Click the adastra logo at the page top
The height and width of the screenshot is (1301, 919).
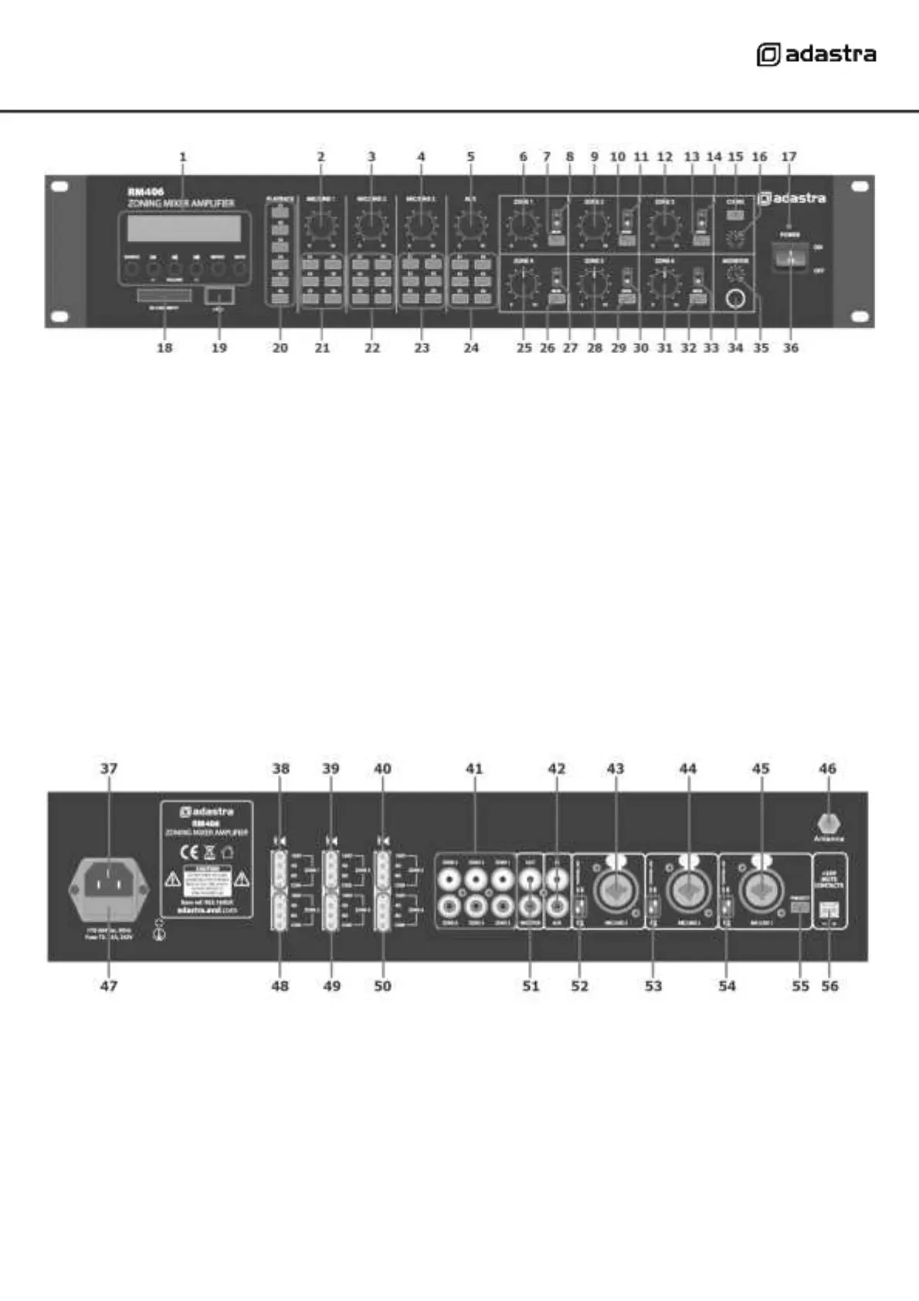point(816,55)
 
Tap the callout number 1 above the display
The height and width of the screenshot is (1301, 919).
point(183,157)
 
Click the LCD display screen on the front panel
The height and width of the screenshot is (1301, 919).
point(180,228)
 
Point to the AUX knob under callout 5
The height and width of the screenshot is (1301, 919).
point(470,225)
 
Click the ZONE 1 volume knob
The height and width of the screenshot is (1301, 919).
point(523,225)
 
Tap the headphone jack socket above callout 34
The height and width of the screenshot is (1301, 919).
point(736,300)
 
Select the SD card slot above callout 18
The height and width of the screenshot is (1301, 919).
point(164,295)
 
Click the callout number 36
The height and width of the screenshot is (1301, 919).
point(791,348)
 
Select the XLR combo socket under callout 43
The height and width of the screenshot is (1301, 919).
point(615,892)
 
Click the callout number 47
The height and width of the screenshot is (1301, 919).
point(109,986)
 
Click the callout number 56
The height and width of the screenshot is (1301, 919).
point(829,986)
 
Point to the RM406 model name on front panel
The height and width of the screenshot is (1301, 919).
point(145,192)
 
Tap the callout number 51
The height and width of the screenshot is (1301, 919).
point(531,986)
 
